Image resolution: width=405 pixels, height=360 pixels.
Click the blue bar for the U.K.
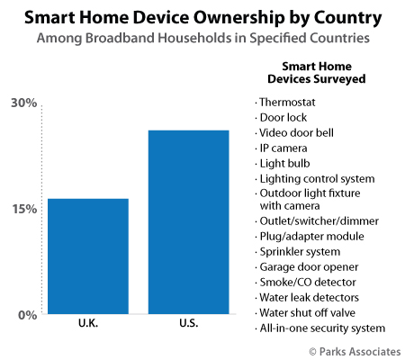pyautogui.click(x=88, y=256)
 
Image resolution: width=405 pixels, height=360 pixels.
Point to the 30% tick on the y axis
pyautogui.click(x=23, y=103)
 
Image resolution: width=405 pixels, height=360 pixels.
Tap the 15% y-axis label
pyautogui.click(x=23, y=209)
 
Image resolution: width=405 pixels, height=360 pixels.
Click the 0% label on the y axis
pyautogui.click(x=27, y=315)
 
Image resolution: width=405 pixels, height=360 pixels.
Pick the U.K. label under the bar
pyautogui.click(x=88, y=323)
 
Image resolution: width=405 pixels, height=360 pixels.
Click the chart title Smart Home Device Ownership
pyautogui.click(x=202, y=17)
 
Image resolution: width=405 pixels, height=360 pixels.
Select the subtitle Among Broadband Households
pyautogui.click(x=202, y=39)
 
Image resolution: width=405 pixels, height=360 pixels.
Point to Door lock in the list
pyautogui.click(x=286, y=117)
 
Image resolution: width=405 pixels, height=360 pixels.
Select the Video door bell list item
pyautogui.click(x=295, y=132)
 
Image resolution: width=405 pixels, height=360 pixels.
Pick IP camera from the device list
pyautogui.click(x=284, y=148)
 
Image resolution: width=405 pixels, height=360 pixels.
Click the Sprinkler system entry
pyautogui.click(x=299, y=251)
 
